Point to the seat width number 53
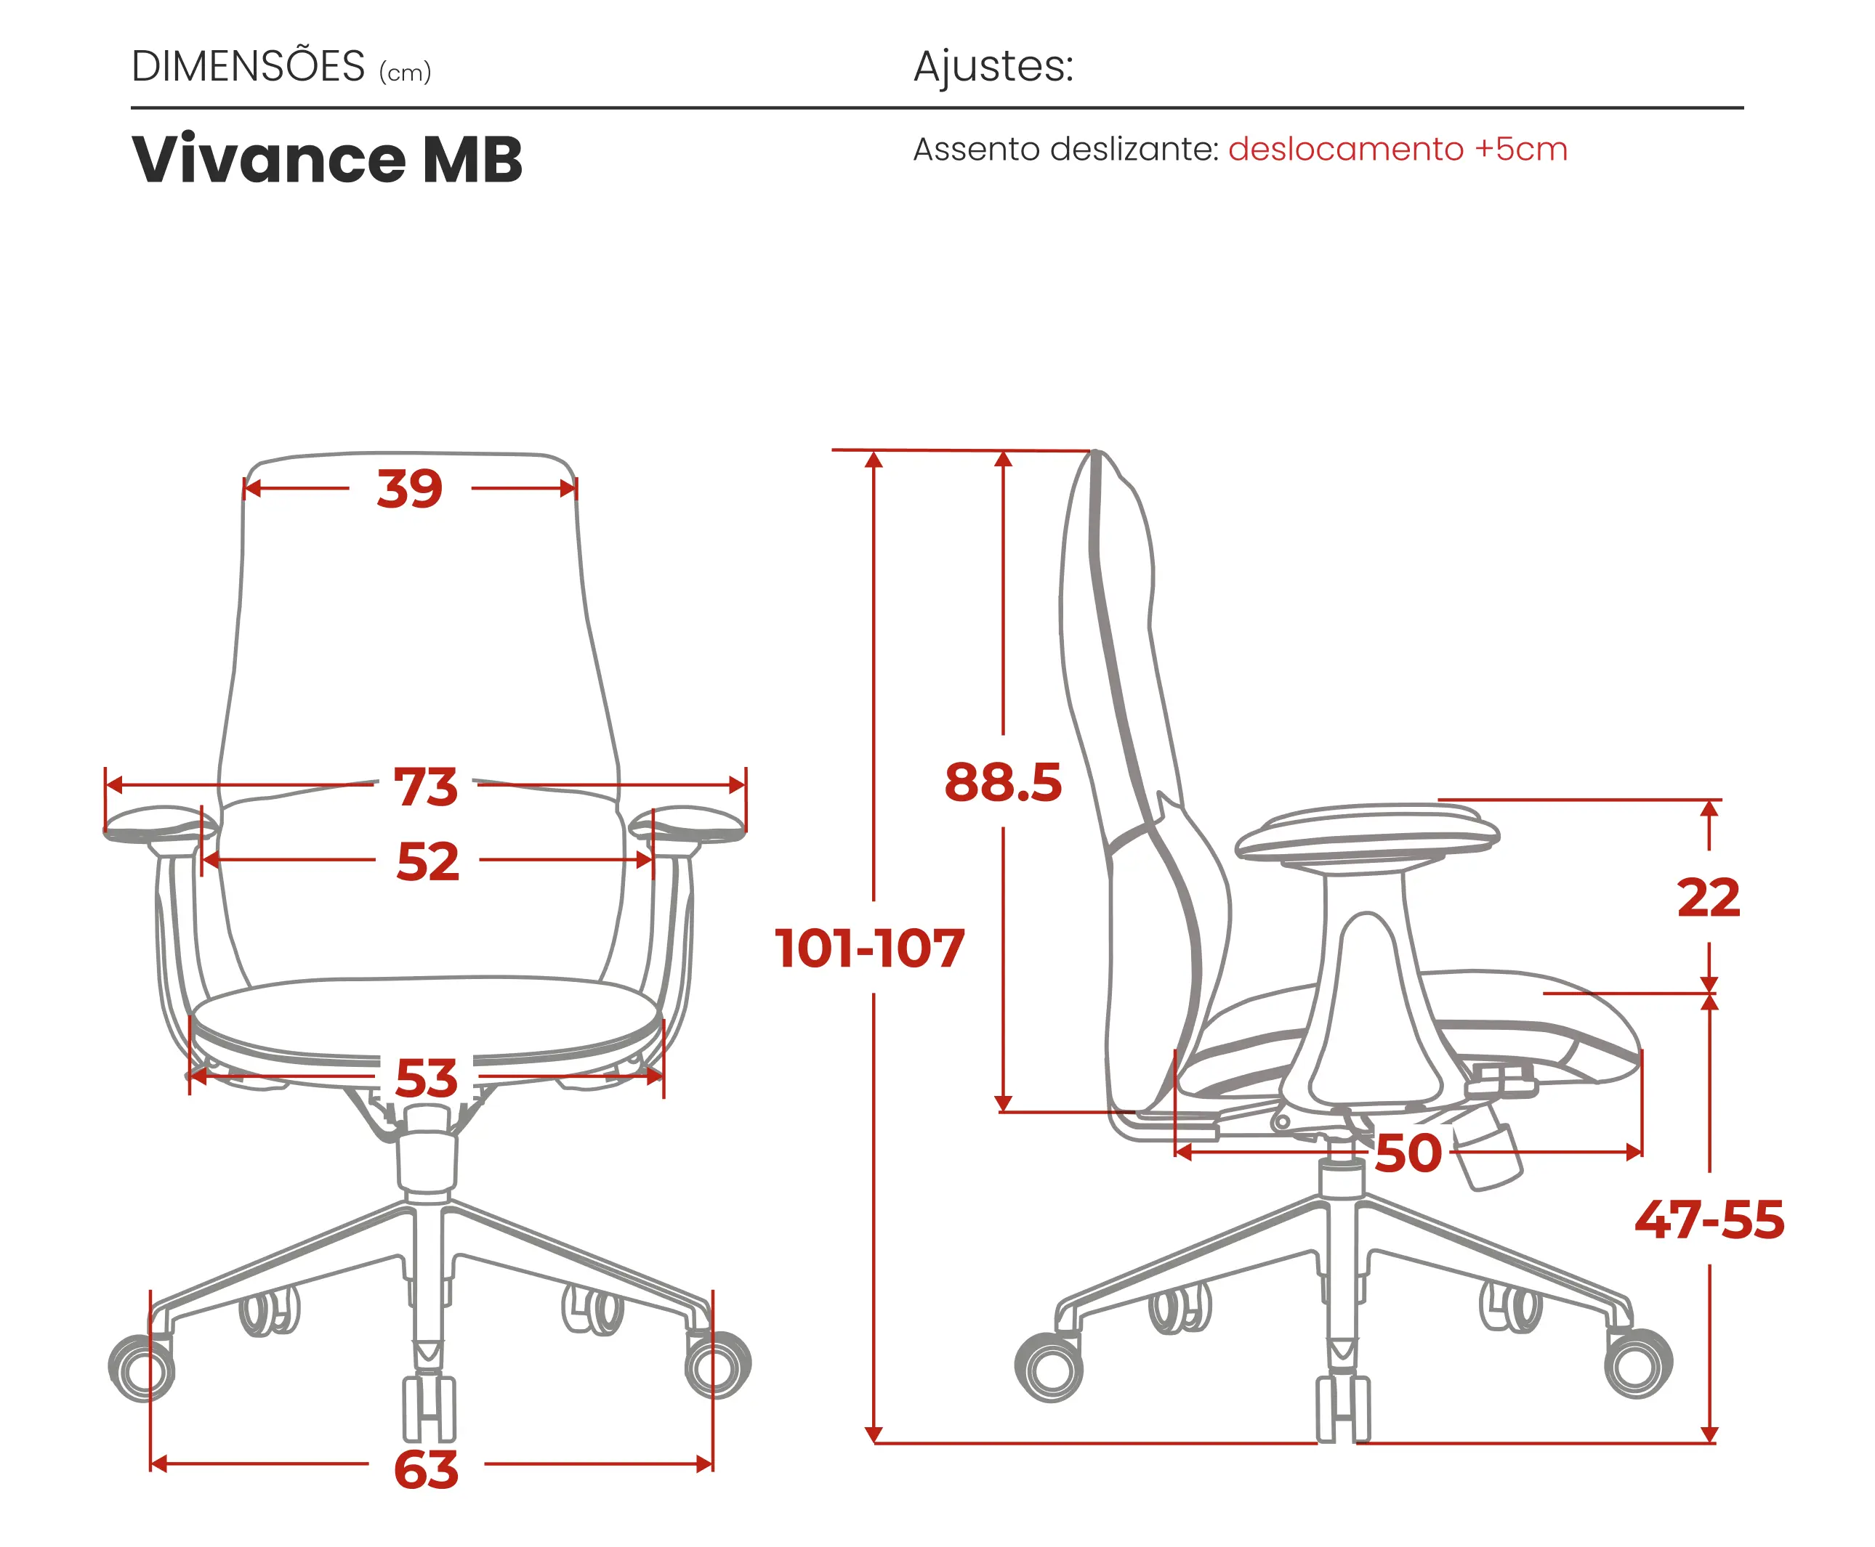coord(426,1079)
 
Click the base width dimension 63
coord(426,1469)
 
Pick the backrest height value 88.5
coord(1003,782)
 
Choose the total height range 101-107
coord(869,947)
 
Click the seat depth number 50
coord(1408,1153)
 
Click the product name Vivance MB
coord(326,160)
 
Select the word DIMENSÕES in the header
coord(248,67)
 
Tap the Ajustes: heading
coord(993,67)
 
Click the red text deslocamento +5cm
coord(1397,149)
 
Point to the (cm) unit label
coord(405,72)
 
